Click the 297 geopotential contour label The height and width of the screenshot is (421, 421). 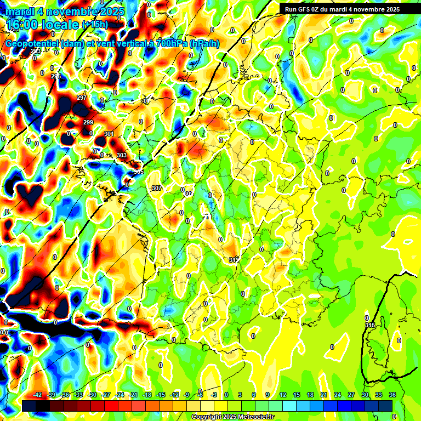tap(82, 98)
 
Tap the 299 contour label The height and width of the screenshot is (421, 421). tap(88, 122)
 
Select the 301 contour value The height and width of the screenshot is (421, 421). tap(109, 134)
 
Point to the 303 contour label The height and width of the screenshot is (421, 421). tap(122, 155)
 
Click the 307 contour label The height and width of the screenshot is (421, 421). tap(157, 188)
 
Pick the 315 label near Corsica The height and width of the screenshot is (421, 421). tap(370, 326)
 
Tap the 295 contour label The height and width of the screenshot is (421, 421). tap(56, 76)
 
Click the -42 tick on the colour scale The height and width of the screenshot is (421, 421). tap(37, 395)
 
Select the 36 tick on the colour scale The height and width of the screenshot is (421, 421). tap(392, 395)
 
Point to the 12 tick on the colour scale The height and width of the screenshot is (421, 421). tap(283, 395)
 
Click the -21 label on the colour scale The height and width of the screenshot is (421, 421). tap(133, 395)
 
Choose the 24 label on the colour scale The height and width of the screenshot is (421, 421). tap(338, 395)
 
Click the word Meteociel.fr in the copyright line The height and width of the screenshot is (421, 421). tap(254, 417)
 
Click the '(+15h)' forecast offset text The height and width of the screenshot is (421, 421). tap(95, 24)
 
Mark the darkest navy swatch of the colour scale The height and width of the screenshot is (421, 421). tap(30, 406)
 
